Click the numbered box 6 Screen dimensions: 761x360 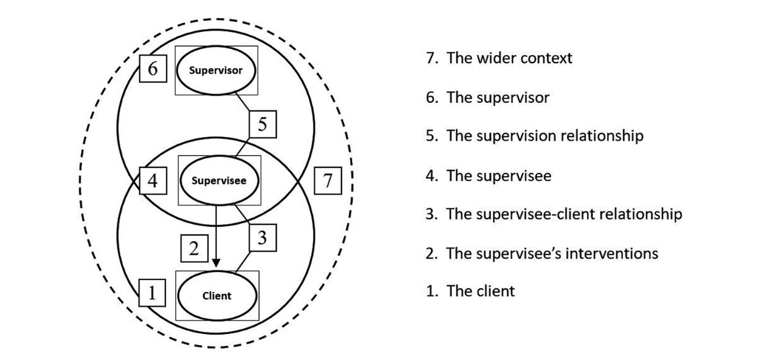(153, 69)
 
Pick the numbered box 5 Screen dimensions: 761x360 (263, 125)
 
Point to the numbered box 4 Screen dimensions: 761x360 (153, 181)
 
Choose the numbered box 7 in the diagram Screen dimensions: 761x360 (328, 181)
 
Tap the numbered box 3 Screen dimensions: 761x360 (263, 238)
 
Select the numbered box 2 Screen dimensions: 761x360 (195, 248)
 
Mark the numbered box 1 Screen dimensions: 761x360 (152, 293)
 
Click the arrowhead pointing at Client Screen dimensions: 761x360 (216, 263)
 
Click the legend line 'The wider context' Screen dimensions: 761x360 (499, 58)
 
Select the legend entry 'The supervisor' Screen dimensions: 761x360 (488, 98)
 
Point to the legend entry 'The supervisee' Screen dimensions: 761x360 (488, 176)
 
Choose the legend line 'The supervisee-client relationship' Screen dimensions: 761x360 (554, 214)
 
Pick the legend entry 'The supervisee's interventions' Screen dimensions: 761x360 (542, 253)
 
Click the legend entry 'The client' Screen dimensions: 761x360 (470, 291)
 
